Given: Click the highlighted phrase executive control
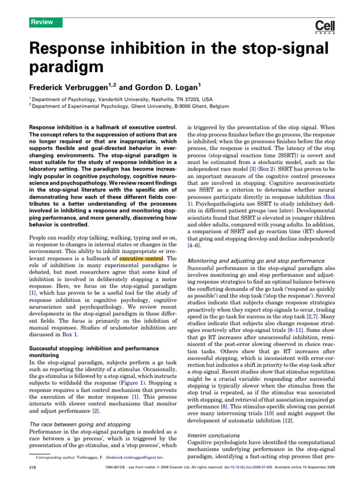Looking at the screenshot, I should (x=141, y=258).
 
